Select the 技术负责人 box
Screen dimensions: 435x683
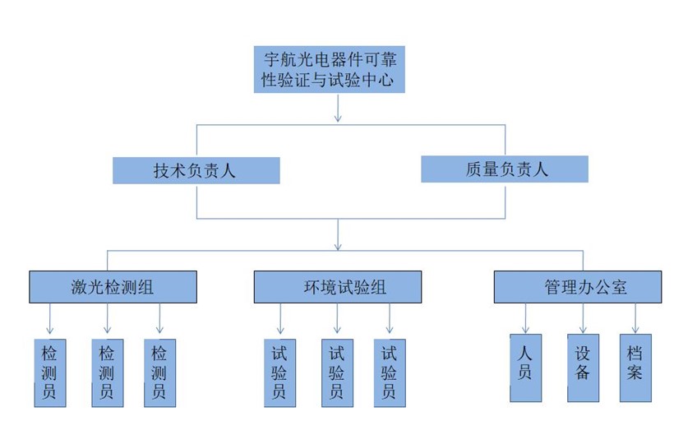(196, 170)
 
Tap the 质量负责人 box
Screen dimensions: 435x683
(505, 169)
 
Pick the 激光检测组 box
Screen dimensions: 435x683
(113, 288)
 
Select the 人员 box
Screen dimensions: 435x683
(526, 368)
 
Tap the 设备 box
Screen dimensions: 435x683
(583, 368)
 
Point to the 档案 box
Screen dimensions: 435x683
(635, 368)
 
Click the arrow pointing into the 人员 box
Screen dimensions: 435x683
(526, 319)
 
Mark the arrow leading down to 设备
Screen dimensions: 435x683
(583, 319)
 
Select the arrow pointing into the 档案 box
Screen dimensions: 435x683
(635, 319)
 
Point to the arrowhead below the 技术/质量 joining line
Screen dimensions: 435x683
(338, 245)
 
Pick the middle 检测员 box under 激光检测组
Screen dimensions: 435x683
(107, 373)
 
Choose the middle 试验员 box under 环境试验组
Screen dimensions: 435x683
(336, 373)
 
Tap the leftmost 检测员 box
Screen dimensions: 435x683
(50, 373)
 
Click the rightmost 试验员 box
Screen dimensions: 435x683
(389, 373)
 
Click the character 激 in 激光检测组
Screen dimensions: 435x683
(80, 288)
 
